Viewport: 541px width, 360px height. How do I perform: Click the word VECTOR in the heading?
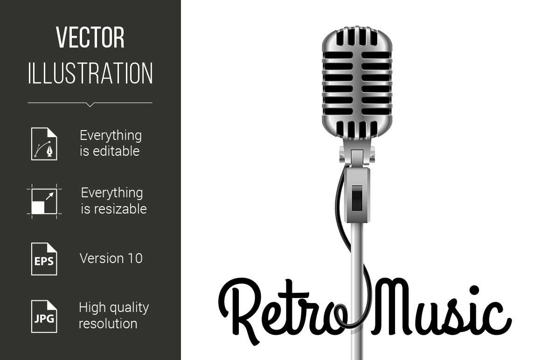(x=90, y=38)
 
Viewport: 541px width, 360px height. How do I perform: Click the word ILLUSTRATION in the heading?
(x=90, y=73)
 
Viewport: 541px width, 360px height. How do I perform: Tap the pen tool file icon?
(x=44, y=144)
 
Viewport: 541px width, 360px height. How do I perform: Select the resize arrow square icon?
(x=44, y=201)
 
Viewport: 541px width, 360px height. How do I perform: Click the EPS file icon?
(x=44, y=259)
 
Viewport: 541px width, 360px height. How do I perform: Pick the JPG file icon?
(x=44, y=317)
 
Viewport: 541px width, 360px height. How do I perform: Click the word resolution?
(x=108, y=324)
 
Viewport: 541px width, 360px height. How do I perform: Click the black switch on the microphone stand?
(x=357, y=198)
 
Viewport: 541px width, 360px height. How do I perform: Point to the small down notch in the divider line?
(x=90, y=104)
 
